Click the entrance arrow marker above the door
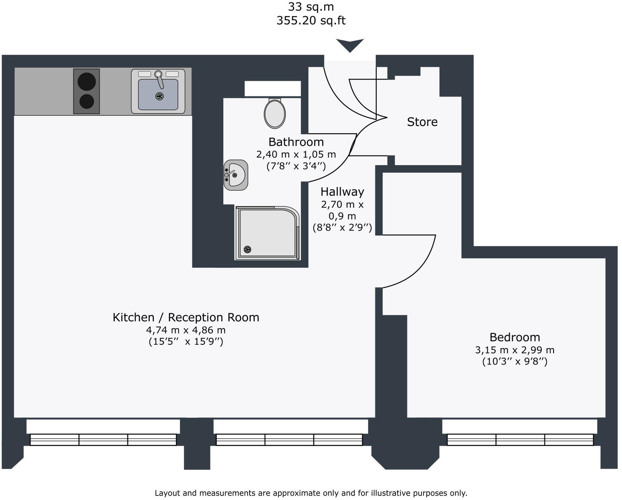[x=350, y=45]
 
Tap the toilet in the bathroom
[x=275, y=113]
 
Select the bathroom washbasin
[x=236, y=175]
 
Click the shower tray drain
[x=247, y=249]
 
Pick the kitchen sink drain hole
[x=159, y=96]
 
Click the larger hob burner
[x=87, y=81]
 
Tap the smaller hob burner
[x=87, y=101]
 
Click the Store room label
[x=422, y=122]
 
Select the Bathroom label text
[x=296, y=142]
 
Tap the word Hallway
[x=342, y=192]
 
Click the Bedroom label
[x=515, y=337]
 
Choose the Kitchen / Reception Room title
[x=186, y=317]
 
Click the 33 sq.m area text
[x=311, y=7]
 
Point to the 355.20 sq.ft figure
[x=311, y=20]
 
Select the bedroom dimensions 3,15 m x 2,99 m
[x=515, y=350]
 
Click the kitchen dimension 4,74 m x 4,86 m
[x=186, y=330]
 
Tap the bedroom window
[x=520, y=439]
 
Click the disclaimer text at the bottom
[x=311, y=493]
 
